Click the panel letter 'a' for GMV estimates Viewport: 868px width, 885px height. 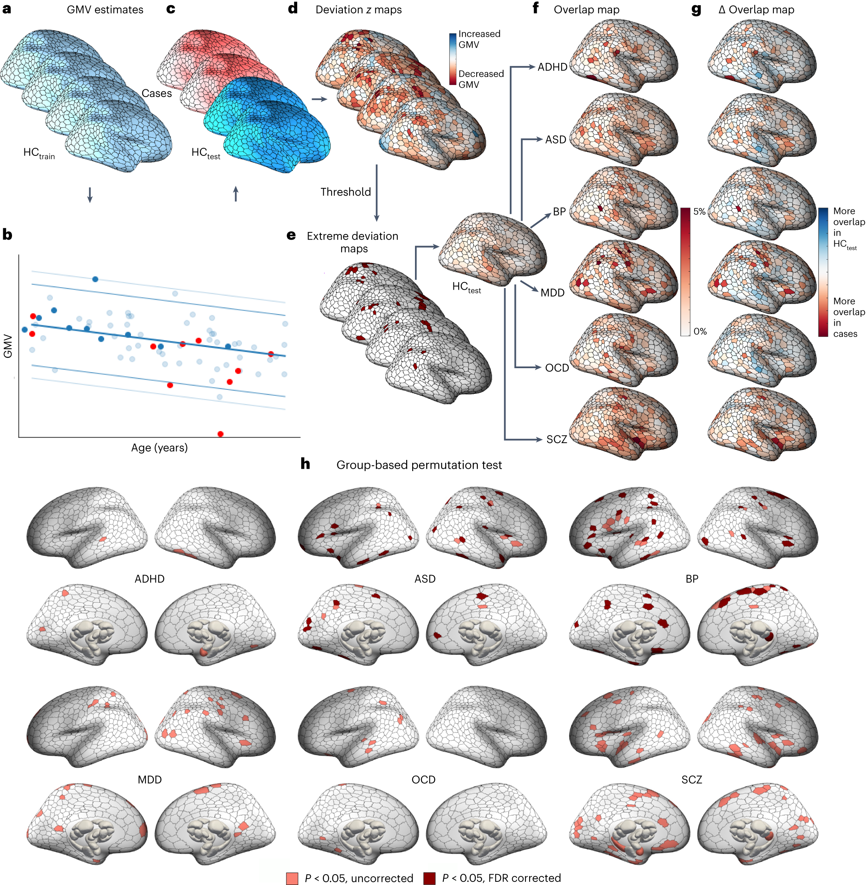coord(7,9)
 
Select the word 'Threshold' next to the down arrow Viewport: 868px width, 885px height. coord(346,192)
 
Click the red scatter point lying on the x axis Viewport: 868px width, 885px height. coord(221,434)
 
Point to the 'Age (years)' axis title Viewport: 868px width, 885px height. coord(159,448)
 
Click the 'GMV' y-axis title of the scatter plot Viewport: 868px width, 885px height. coord(8,346)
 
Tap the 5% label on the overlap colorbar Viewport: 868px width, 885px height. coord(699,212)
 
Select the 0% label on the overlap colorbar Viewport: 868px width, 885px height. coord(700,331)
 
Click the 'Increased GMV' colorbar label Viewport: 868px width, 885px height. coord(479,39)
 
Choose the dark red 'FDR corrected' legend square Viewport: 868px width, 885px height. coord(429,878)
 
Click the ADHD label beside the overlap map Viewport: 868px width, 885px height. coord(552,67)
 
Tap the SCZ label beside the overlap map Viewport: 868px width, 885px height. coord(557,439)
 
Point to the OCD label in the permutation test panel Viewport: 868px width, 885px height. coord(423,780)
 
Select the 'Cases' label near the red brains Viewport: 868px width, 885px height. coord(156,93)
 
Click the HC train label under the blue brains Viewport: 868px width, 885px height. coord(39,153)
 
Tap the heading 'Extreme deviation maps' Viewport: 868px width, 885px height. coord(353,242)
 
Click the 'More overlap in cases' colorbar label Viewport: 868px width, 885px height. coord(848,317)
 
